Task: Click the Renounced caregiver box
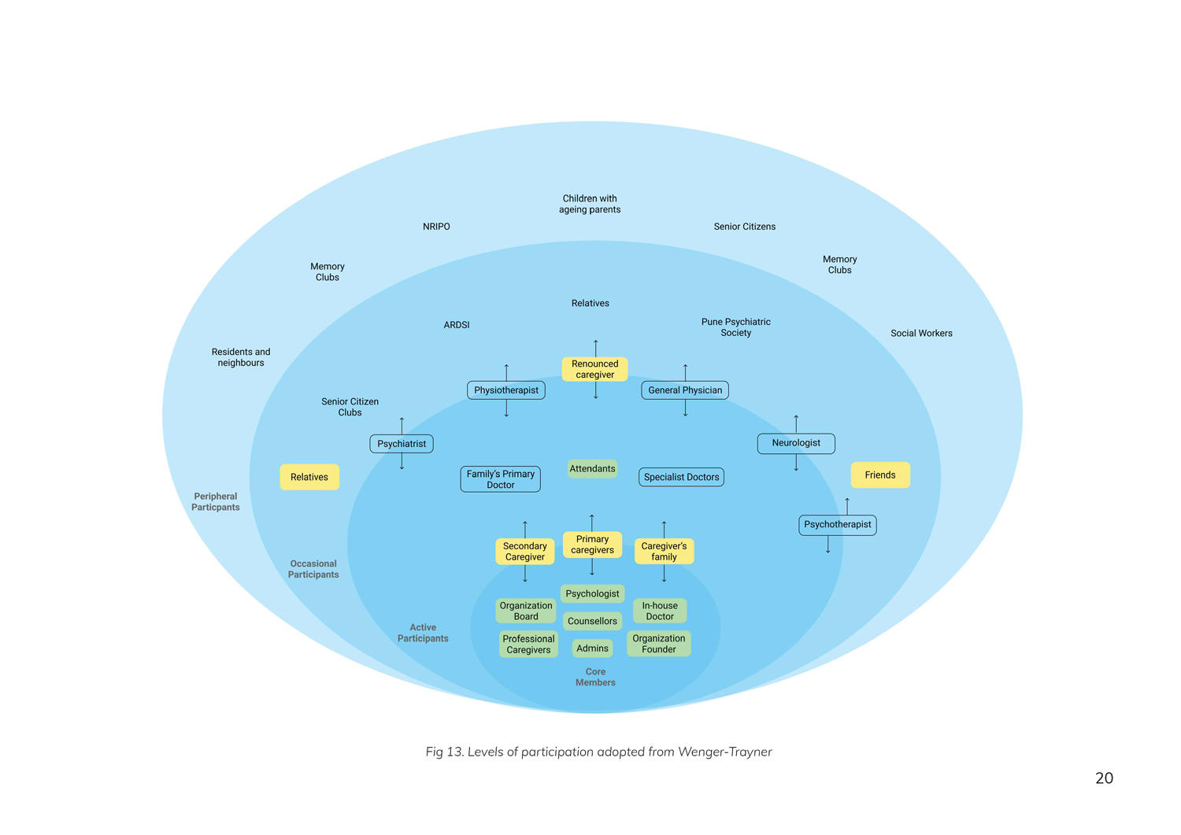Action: point(594,369)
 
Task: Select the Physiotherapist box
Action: point(506,390)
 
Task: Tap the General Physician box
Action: point(685,390)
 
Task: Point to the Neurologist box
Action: point(796,443)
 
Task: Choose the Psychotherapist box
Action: point(837,525)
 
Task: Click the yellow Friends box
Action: point(880,475)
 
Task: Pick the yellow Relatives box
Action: point(309,477)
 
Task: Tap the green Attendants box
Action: point(592,469)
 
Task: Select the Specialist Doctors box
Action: point(681,477)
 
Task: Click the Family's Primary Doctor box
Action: point(501,479)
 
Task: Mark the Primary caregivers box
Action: point(592,545)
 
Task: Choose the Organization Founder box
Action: point(659,644)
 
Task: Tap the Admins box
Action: point(592,648)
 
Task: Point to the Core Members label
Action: point(595,677)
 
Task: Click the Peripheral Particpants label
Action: point(216,501)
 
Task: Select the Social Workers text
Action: point(921,334)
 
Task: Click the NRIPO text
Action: point(436,227)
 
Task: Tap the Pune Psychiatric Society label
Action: point(736,327)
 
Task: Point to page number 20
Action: point(1104,778)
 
